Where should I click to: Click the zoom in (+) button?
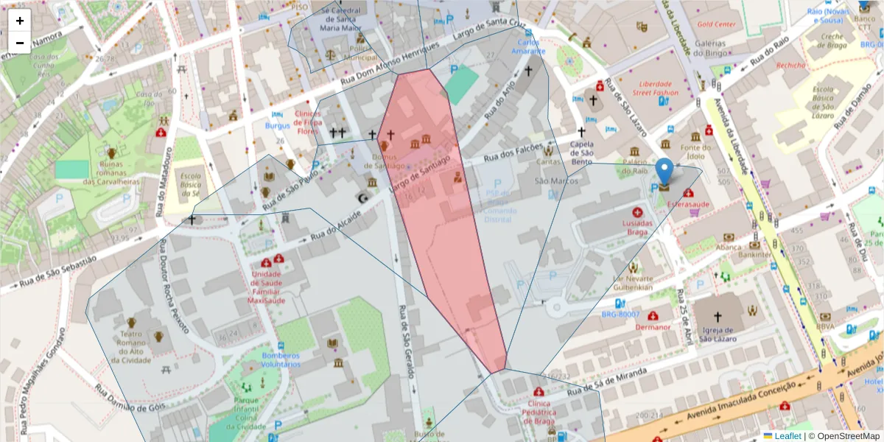20,21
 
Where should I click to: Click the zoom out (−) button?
20,43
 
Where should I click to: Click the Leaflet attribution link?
787,436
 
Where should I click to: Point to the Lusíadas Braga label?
637,226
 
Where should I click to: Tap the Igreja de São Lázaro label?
718,334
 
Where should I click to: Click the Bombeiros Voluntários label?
281,359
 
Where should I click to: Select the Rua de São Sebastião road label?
58,271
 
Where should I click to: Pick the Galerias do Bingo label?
706,49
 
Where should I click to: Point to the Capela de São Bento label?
581,152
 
